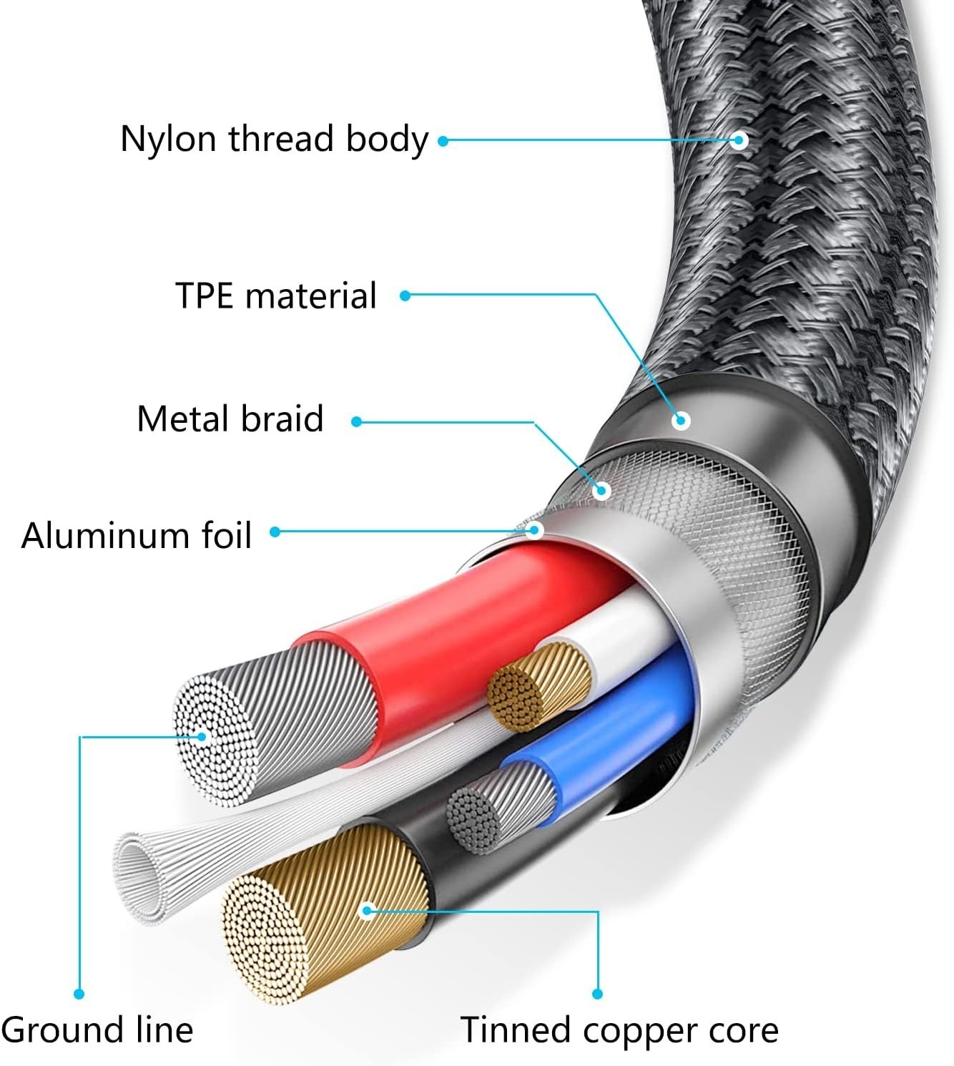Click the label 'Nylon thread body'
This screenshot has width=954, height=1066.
coord(274,139)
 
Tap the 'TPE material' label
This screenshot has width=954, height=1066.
coord(276,295)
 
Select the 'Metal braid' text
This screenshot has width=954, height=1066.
coord(230,419)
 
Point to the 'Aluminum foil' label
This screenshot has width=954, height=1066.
coord(137,535)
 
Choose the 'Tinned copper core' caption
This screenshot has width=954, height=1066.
coord(619,1031)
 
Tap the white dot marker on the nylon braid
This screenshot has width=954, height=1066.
coord(740,140)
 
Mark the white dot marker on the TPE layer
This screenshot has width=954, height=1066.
coord(681,420)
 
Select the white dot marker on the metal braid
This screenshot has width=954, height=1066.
coord(601,490)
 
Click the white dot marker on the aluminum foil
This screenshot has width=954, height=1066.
coord(533,530)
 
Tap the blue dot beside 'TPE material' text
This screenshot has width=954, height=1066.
coord(405,295)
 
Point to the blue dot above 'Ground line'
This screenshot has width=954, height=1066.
coord(79,994)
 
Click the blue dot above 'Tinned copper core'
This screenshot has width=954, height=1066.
coord(597,994)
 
